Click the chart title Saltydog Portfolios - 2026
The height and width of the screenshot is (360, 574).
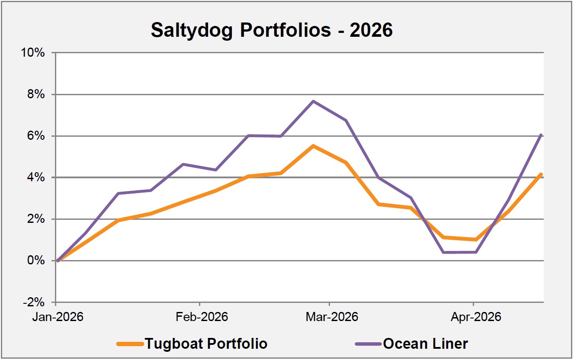[x=272, y=30]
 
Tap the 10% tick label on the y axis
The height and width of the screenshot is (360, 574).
[x=36, y=53]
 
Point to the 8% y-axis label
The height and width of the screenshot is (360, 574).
[x=39, y=95]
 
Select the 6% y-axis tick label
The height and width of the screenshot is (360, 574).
[x=39, y=136]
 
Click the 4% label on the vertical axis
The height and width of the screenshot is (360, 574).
[x=39, y=178]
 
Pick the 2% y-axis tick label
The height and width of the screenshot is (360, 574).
[x=39, y=219]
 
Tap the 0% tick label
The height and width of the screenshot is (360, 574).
[x=39, y=261]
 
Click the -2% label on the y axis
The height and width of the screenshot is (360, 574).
[x=38, y=302]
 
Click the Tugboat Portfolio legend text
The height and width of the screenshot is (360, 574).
[x=205, y=344]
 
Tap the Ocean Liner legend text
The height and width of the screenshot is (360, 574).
[x=425, y=344]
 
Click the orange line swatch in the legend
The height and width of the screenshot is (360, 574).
[x=130, y=344]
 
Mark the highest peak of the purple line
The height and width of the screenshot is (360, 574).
[x=313, y=101]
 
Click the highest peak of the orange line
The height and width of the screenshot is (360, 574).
[x=313, y=146]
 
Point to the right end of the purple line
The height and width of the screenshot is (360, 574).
[x=542, y=135]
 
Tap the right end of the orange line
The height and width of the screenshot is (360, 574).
[x=542, y=174]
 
